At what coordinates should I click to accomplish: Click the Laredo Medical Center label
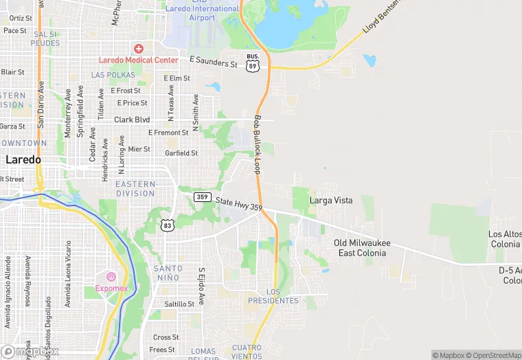pos(138,60)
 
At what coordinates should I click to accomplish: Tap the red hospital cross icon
pos(139,49)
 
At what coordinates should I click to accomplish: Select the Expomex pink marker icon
pos(111,276)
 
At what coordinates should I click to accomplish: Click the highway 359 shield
pos(201,197)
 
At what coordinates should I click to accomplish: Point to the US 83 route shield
pos(168,225)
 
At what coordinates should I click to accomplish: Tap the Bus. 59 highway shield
pos(253,63)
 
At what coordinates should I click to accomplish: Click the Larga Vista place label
pos(331,201)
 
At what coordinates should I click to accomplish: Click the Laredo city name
pos(23,159)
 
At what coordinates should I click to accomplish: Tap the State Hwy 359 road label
pos(239,204)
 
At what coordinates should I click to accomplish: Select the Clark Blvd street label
pos(132,120)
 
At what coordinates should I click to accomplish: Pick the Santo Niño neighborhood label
pos(168,273)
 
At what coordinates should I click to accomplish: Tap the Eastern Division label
pos(135,189)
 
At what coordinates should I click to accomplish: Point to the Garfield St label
pos(181,153)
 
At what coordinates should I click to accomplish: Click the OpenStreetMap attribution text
pos(492,355)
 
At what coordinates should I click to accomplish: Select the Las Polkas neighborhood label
pos(113,74)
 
